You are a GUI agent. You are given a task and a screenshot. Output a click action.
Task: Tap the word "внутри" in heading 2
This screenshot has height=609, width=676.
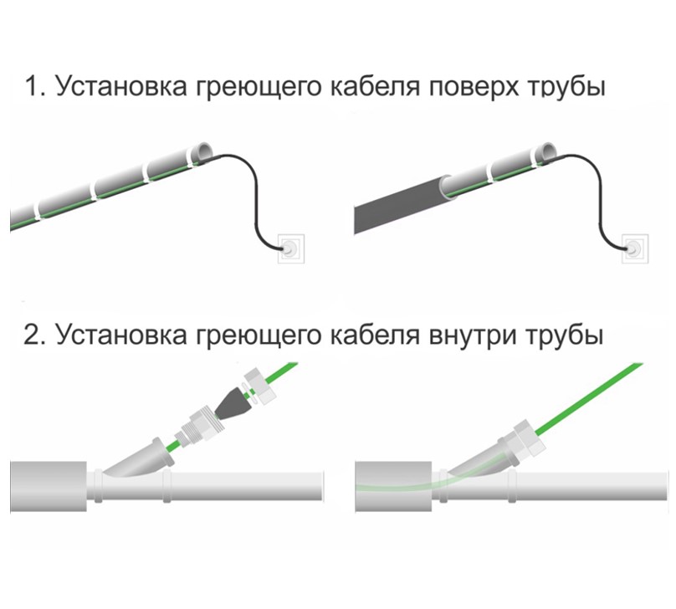pyautogui.click(x=473, y=335)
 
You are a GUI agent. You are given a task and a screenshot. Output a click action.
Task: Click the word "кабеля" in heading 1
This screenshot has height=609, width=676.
pyautogui.click(x=375, y=86)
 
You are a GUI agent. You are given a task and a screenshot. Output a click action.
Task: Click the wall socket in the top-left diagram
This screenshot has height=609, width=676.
pyautogui.click(x=291, y=248)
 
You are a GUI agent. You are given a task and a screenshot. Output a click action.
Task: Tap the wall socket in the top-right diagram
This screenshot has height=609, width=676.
pyautogui.click(x=635, y=248)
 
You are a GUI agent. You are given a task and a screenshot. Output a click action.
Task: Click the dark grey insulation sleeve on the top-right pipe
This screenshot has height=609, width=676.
pyautogui.click(x=401, y=205)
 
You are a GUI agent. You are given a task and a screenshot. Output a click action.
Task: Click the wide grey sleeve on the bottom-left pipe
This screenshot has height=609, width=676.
pyautogui.click(x=49, y=487)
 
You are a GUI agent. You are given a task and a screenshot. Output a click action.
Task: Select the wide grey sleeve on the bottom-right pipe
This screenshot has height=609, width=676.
pyautogui.click(x=393, y=487)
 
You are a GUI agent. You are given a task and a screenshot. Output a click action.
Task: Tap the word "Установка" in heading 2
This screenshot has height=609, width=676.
pyautogui.click(x=121, y=334)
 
